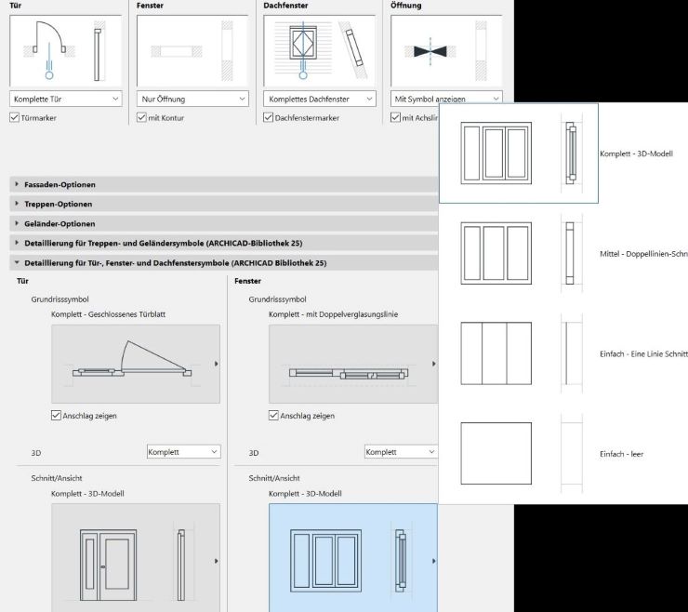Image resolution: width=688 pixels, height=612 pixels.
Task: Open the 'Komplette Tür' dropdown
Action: point(66,98)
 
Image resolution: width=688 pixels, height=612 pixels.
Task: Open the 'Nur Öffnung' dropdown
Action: point(192,98)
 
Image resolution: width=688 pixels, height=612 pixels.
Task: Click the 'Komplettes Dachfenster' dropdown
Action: point(319,98)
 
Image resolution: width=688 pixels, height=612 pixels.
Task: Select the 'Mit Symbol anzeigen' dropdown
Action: point(445,98)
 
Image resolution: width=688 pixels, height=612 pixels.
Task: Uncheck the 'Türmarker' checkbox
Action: point(15,118)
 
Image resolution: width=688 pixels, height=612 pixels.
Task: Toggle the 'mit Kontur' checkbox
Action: point(142,118)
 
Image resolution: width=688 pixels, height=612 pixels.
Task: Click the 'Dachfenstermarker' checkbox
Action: point(269,118)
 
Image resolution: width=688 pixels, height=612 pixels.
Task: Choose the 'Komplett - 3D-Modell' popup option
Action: point(518,153)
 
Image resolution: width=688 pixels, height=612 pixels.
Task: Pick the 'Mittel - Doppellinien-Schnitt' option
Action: point(518,253)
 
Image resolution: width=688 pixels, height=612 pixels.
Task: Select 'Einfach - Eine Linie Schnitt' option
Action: point(518,353)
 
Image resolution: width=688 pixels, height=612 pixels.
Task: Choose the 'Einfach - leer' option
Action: point(518,453)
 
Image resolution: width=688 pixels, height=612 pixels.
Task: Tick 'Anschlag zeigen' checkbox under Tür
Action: point(57,416)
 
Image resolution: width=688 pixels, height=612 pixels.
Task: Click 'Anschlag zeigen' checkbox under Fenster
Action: point(274,416)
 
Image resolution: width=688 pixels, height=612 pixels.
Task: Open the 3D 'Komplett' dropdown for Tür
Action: point(183,452)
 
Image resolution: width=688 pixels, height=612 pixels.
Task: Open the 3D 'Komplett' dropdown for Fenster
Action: point(400,452)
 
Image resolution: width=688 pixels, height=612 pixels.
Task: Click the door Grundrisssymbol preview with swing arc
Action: point(135,364)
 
